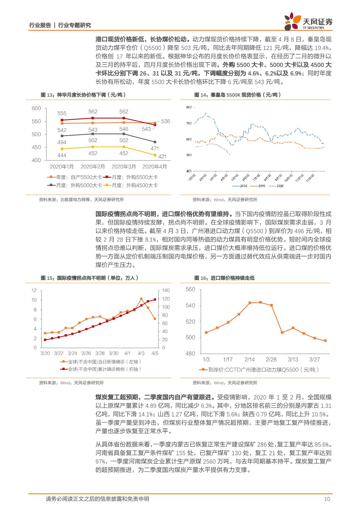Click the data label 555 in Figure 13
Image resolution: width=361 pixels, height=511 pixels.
click(62, 113)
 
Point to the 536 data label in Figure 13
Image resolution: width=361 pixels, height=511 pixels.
click(166, 121)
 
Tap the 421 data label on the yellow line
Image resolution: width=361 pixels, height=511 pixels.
click(162, 156)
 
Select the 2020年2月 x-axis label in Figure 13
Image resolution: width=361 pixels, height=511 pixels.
click(93, 167)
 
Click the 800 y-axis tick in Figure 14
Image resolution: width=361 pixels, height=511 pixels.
click(188, 108)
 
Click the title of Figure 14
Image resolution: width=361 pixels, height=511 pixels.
click(238, 95)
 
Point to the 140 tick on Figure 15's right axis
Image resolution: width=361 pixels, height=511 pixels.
click(166, 290)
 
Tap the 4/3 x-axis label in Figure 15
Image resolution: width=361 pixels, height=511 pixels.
click(141, 353)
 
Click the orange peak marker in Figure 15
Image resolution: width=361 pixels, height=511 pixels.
click(141, 299)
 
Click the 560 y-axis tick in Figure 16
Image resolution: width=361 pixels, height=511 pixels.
click(190, 289)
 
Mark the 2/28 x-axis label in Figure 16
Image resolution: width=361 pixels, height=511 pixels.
click(271, 360)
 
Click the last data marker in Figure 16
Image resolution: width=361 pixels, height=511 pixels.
click(325, 341)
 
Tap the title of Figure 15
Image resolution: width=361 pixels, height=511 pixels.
click(90, 278)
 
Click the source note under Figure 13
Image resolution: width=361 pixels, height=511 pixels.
click(81, 200)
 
